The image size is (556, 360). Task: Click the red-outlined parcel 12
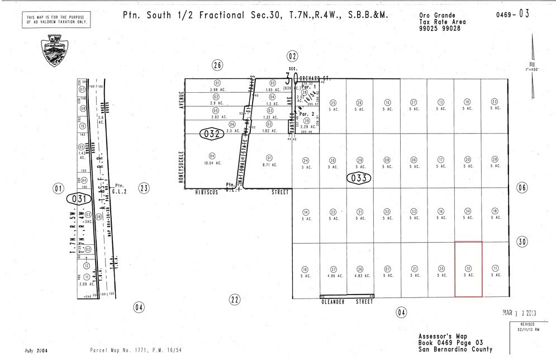468,269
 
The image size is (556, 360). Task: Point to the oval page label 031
77,198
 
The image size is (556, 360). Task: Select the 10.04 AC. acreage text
212,163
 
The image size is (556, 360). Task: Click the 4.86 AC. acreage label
333,275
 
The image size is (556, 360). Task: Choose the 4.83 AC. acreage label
360,275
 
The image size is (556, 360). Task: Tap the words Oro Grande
437,16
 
